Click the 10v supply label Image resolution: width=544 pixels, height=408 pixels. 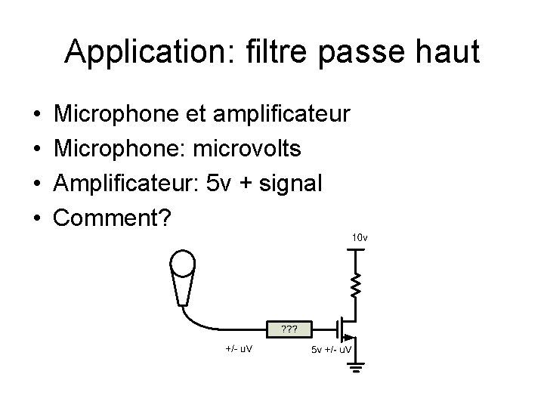(x=359, y=238)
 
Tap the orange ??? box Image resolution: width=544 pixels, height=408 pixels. (x=287, y=329)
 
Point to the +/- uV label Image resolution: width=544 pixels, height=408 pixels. (x=239, y=349)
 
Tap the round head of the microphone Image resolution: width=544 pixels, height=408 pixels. (x=183, y=263)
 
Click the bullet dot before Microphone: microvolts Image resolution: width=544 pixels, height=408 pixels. (x=37, y=149)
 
